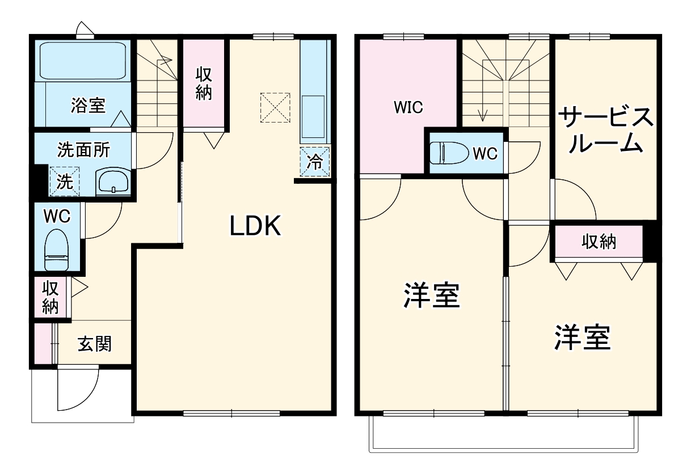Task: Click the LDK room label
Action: click(x=255, y=227)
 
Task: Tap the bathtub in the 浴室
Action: click(x=83, y=60)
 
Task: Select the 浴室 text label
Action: click(x=88, y=105)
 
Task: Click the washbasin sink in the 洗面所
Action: click(x=113, y=182)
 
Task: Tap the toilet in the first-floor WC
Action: click(x=57, y=250)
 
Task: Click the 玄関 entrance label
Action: click(x=94, y=344)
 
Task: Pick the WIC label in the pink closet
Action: click(x=408, y=108)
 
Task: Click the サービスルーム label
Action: click(x=605, y=130)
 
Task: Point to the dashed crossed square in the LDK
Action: click(x=275, y=107)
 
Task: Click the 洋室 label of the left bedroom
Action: click(x=431, y=296)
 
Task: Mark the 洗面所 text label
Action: click(x=84, y=150)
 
